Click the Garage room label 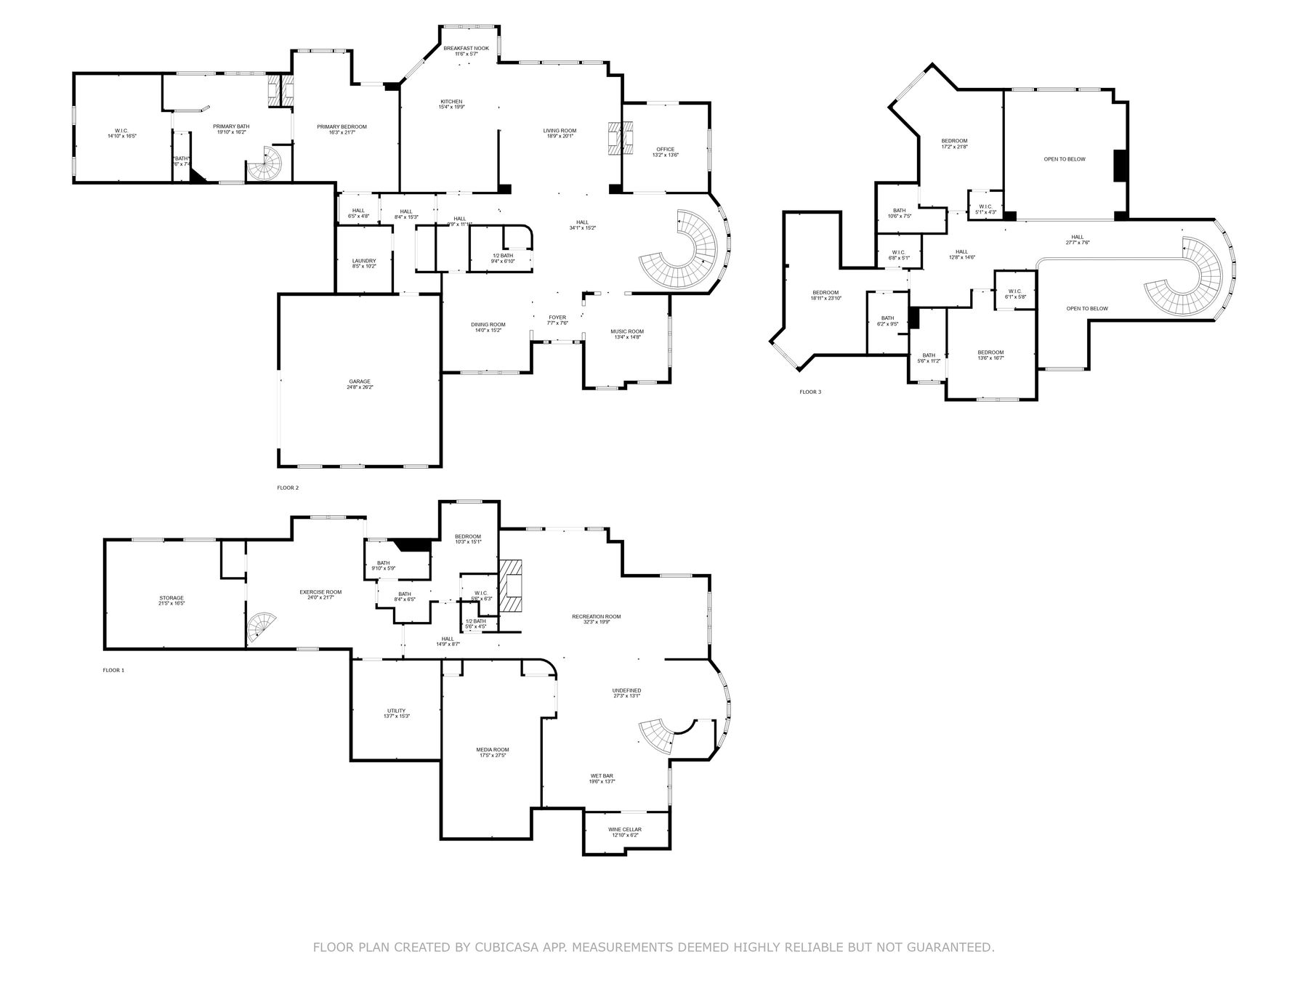coord(360,384)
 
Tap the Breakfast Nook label coord(466,51)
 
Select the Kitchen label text coord(451,104)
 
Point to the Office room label coord(665,152)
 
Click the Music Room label coord(626,334)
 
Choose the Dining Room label coord(488,327)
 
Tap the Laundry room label coord(364,263)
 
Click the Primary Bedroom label coord(342,129)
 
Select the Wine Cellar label coord(624,831)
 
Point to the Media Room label coord(492,752)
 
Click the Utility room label coord(396,713)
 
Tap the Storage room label coord(171,600)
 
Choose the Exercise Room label coord(320,594)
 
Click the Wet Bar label coord(602,778)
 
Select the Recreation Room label coord(596,618)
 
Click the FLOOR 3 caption coord(810,392)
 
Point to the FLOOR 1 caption coord(113,670)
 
